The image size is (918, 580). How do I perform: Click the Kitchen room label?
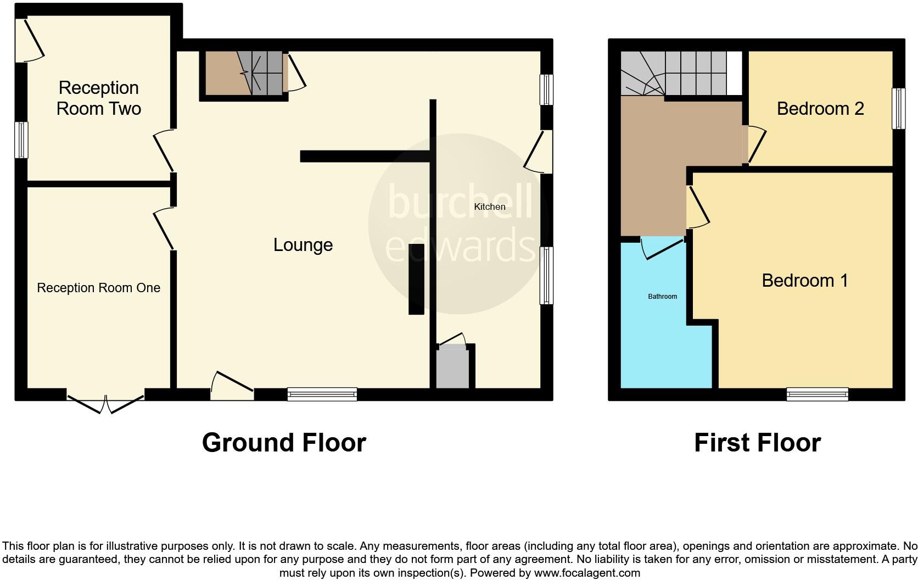coord(490,207)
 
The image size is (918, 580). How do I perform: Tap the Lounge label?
coord(303,245)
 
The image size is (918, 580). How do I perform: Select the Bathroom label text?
coord(662,297)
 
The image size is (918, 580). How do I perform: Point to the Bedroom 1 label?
coord(805,281)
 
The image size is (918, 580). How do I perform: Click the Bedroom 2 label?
coord(820,109)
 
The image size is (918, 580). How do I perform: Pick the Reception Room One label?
coord(98,288)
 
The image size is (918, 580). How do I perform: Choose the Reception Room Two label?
coord(99,98)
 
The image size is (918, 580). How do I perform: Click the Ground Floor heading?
coord(284,443)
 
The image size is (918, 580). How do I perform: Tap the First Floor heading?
coord(757,443)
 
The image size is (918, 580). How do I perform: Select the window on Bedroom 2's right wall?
coord(898,109)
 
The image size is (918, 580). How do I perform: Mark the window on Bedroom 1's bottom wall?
coord(817,394)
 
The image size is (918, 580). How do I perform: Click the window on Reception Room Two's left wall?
coord(21,140)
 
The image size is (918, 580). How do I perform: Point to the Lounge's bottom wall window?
coord(322,394)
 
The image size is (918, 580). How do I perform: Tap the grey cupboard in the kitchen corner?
coord(453,367)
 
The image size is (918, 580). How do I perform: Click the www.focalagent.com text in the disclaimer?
coord(587,573)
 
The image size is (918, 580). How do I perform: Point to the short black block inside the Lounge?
coord(416,279)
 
